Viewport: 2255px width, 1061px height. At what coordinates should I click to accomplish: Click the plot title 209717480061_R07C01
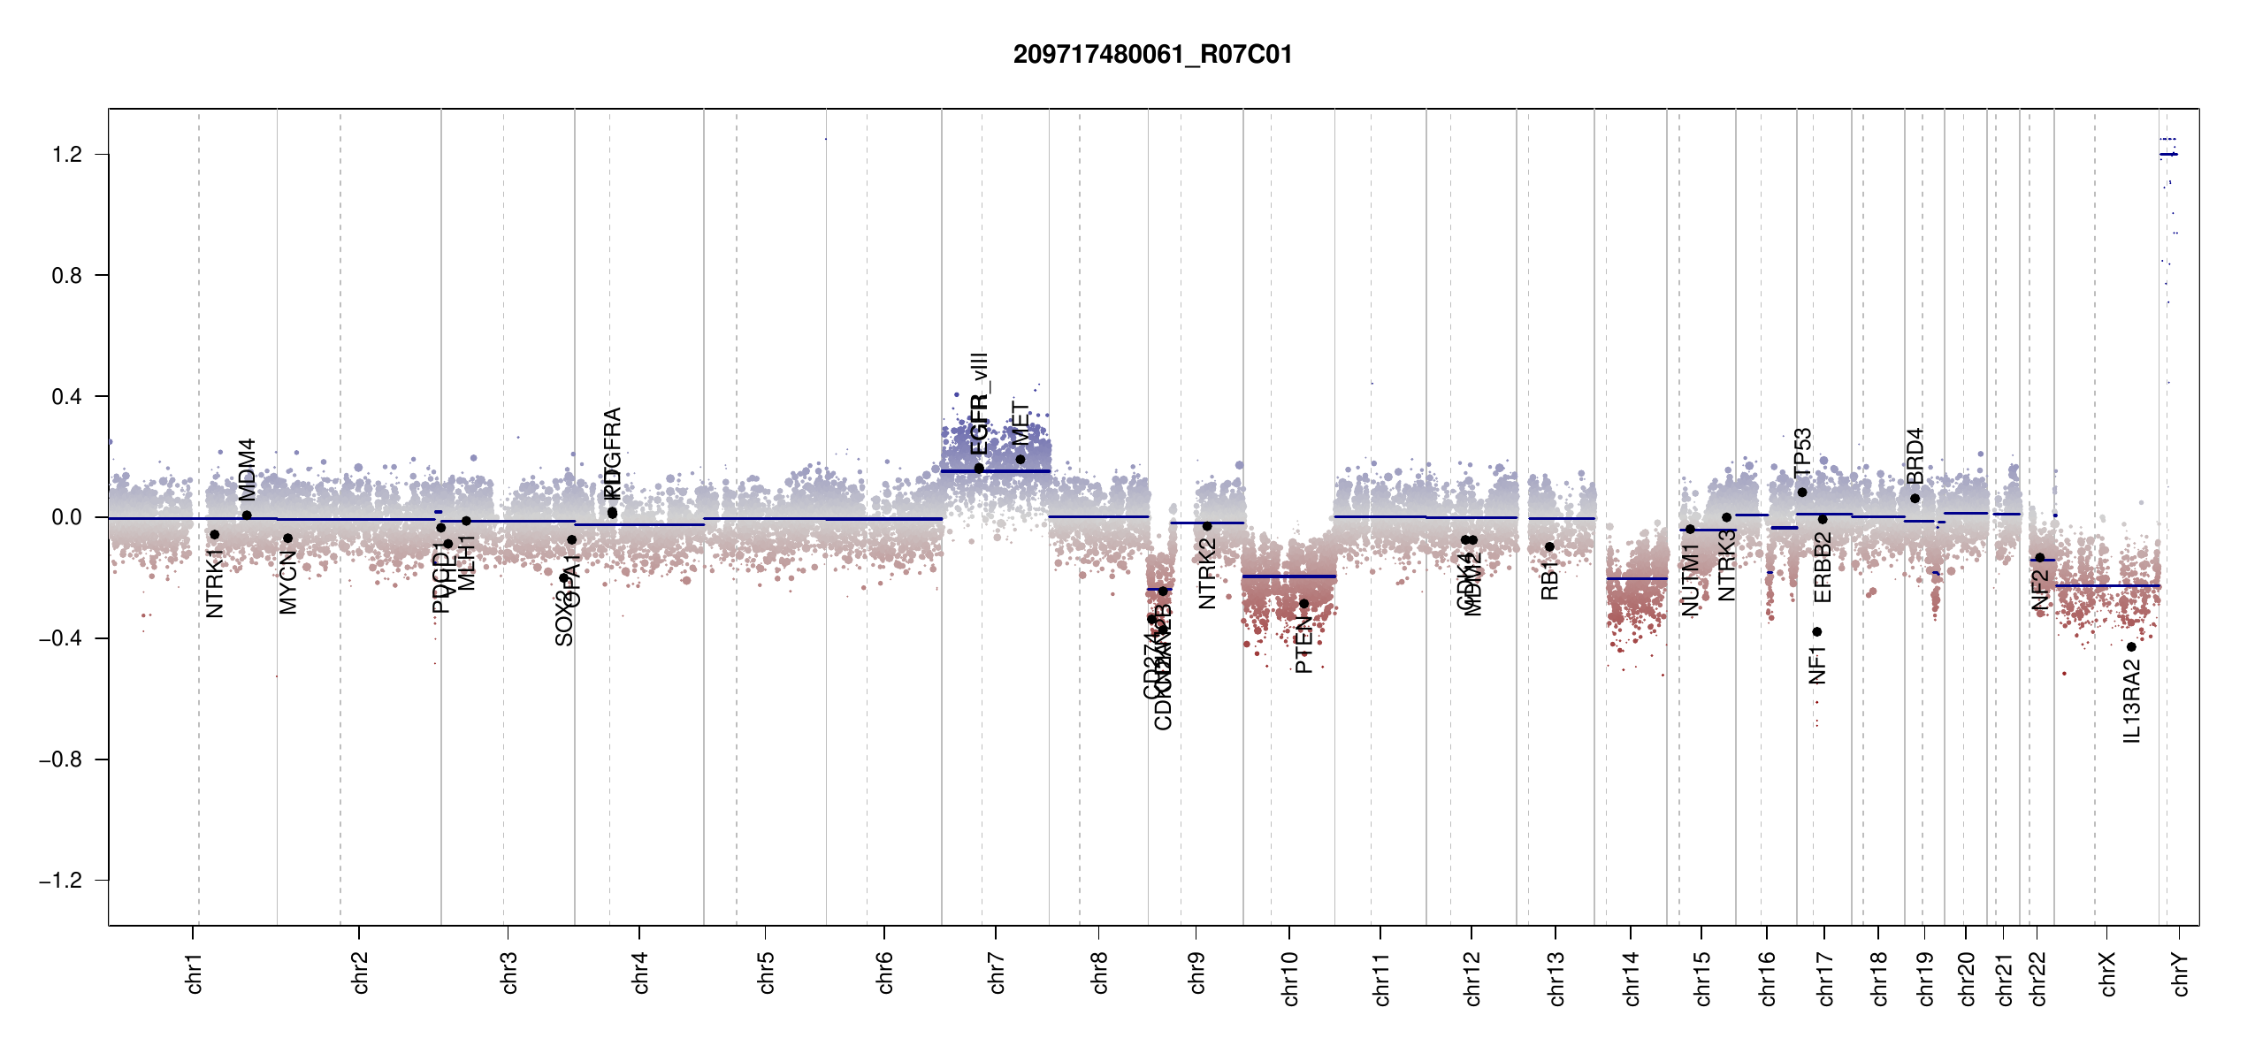[x=1152, y=55]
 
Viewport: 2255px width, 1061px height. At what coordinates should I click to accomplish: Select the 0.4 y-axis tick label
[x=67, y=397]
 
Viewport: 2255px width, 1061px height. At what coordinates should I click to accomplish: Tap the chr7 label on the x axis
[x=997, y=973]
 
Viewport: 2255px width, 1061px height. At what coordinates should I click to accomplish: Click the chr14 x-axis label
[x=1632, y=978]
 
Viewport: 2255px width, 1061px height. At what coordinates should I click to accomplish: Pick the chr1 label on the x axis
[x=194, y=973]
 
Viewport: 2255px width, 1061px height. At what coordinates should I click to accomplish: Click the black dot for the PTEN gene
[x=1303, y=604]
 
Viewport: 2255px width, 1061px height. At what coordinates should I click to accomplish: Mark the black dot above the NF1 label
[x=1817, y=631]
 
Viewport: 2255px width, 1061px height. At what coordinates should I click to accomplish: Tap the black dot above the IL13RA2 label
[x=2131, y=647]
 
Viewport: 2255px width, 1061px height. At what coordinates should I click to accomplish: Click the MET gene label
[x=1020, y=424]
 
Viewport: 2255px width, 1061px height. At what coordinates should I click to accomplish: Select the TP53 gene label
[x=1802, y=452]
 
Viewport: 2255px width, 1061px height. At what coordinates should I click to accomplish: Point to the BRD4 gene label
[x=1915, y=456]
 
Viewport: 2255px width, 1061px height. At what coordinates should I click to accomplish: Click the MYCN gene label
[x=288, y=582]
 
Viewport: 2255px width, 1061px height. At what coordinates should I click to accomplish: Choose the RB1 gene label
[x=1549, y=580]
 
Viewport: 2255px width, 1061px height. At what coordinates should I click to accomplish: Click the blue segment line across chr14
[x=1636, y=578]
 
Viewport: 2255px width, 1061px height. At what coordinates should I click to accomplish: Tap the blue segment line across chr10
[x=1288, y=576]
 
